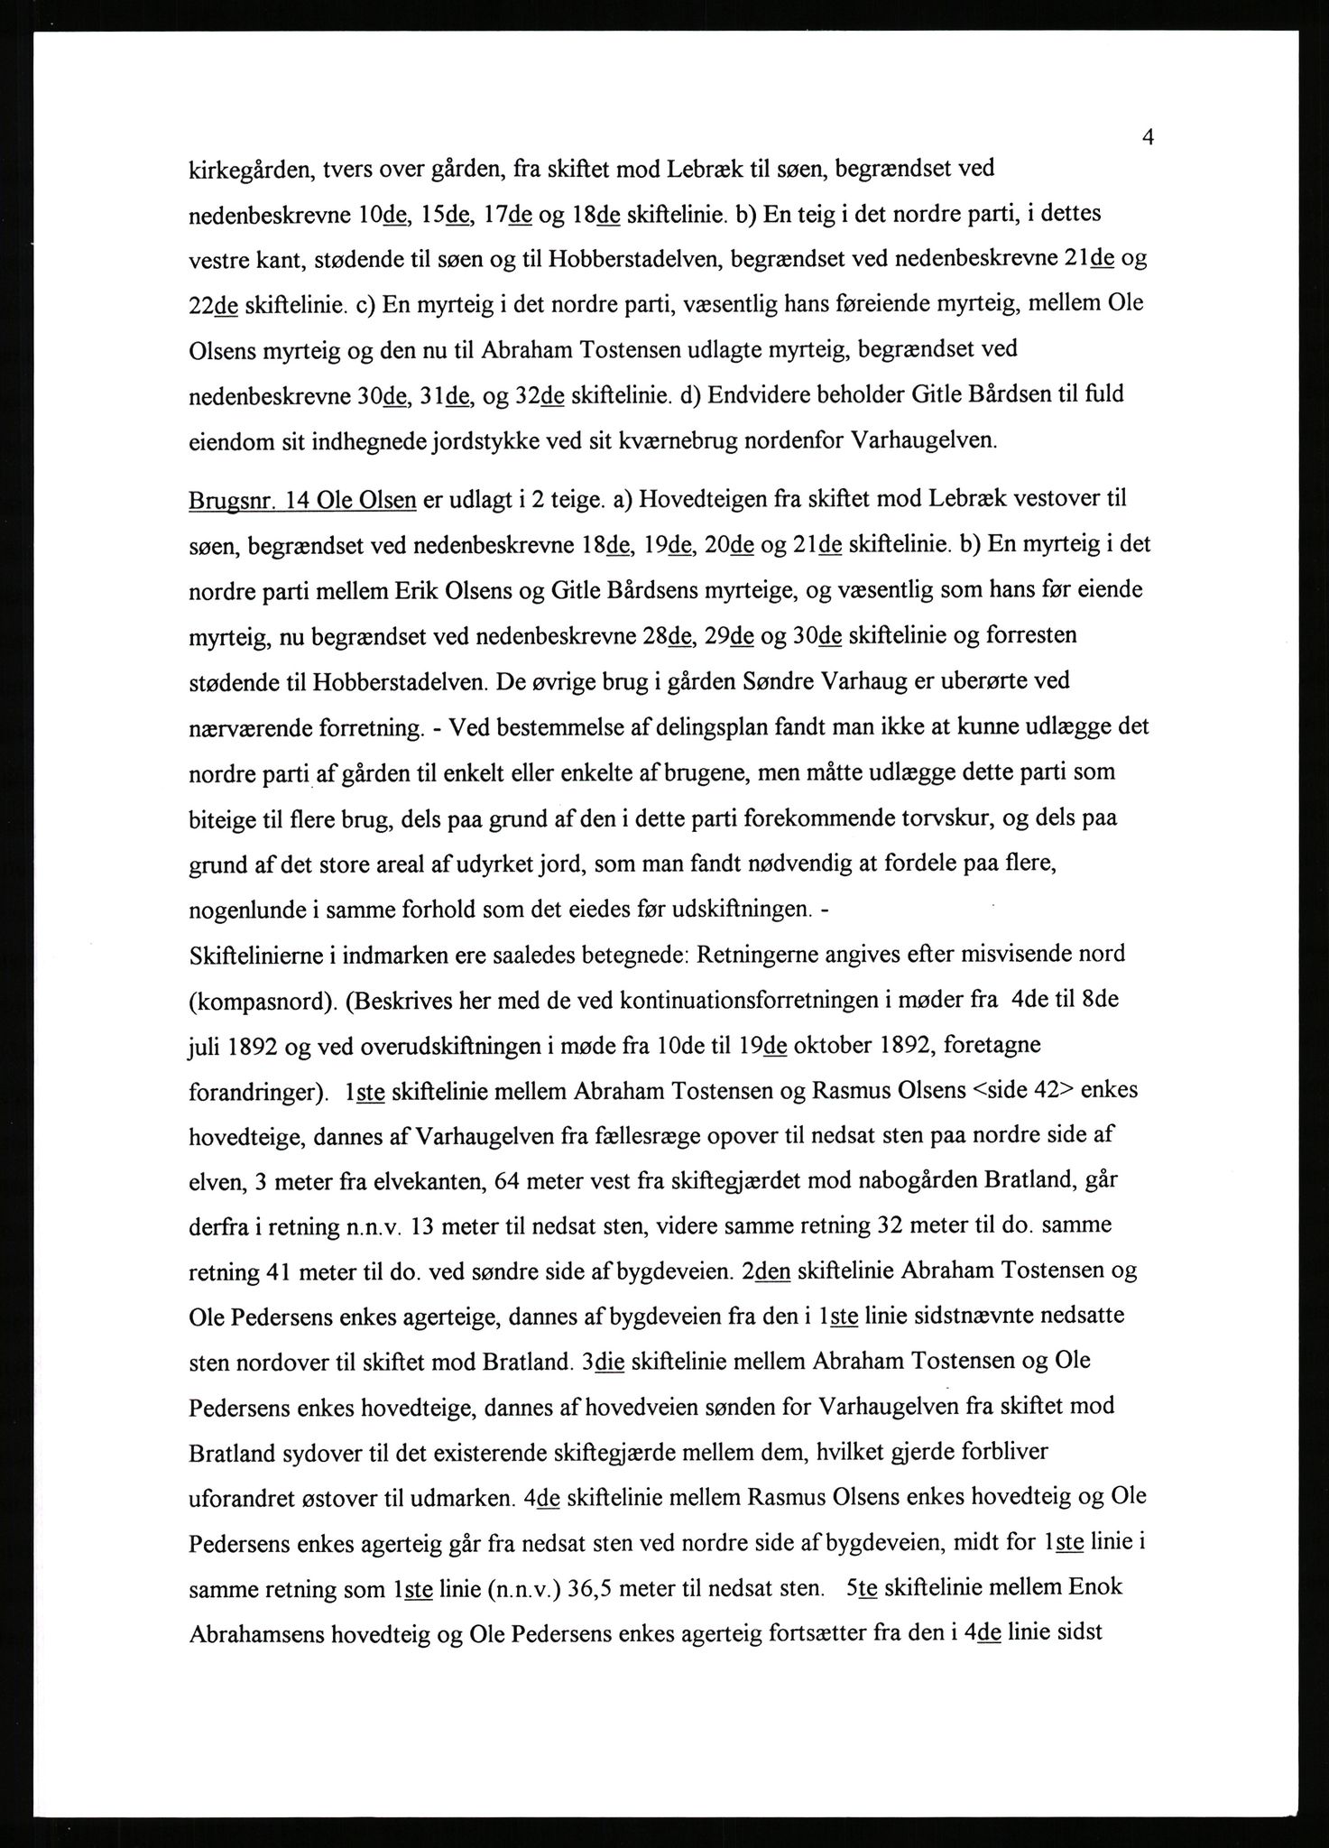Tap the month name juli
point(205,1045)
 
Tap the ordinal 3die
point(604,1361)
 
